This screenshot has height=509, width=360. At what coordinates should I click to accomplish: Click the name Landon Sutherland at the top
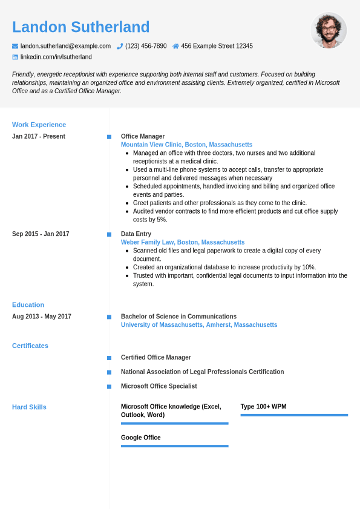(x=80, y=27)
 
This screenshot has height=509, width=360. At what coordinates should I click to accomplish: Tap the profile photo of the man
(x=329, y=30)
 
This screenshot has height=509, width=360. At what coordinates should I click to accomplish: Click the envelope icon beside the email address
(x=15, y=46)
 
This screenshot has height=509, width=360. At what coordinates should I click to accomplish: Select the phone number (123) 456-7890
(x=146, y=46)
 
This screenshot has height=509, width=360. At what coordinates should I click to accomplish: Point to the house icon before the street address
(x=175, y=46)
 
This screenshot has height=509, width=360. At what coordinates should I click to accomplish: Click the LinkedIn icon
(x=15, y=57)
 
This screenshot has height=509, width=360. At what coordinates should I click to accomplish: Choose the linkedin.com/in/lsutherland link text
(x=56, y=57)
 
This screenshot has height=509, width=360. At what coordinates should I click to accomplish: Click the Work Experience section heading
(x=39, y=125)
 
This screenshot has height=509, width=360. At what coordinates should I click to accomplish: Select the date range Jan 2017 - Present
(x=39, y=136)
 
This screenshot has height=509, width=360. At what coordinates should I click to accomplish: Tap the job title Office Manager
(x=143, y=136)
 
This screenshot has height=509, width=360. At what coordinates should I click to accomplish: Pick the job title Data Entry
(x=136, y=234)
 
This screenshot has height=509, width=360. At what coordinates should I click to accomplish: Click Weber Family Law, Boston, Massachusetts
(x=183, y=242)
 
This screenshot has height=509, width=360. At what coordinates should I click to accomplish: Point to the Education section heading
(x=28, y=304)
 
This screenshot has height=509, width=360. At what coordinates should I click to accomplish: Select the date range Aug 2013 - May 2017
(x=42, y=317)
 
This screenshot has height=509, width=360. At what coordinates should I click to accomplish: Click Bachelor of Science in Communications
(x=178, y=317)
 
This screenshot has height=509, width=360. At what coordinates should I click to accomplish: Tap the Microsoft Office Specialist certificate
(x=159, y=386)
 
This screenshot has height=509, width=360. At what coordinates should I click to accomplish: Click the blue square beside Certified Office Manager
(x=109, y=358)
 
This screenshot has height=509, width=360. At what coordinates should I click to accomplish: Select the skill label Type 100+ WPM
(x=263, y=407)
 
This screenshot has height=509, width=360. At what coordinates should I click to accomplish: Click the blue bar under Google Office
(x=174, y=446)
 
